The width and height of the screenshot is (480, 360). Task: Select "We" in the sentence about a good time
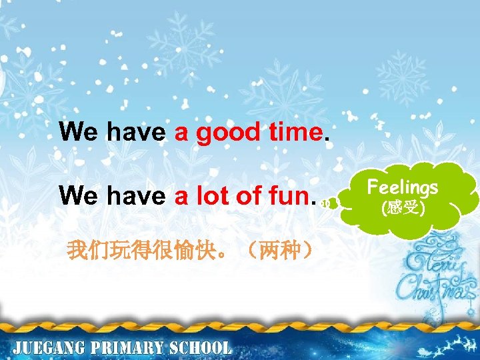pyautogui.click(x=78, y=132)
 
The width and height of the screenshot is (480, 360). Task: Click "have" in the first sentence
pyautogui.click(x=136, y=132)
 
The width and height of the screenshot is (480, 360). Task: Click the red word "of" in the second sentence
pyautogui.click(x=247, y=196)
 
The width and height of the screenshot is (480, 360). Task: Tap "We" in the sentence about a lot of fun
pyautogui.click(x=78, y=196)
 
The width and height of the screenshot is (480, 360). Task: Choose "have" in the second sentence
pyautogui.click(x=136, y=196)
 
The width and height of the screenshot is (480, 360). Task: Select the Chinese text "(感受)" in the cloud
pyautogui.click(x=403, y=208)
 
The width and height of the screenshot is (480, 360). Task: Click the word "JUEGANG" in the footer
pyautogui.click(x=55, y=348)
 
